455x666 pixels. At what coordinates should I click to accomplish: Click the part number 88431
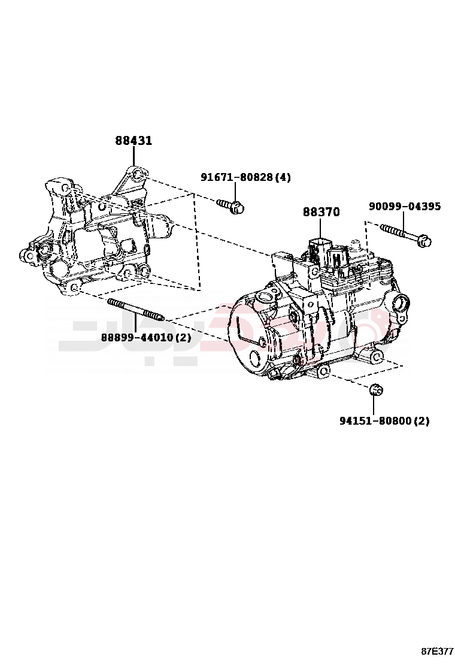pos(134,141)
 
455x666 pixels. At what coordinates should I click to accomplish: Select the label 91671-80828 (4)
pos(245,177)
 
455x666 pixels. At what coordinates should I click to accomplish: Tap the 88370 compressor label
pos(321,212)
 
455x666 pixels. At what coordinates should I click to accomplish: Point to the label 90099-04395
pos(405,207)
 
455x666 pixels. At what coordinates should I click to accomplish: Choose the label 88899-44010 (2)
pos(145,338)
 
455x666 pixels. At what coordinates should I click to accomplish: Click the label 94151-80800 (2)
pos(384,421)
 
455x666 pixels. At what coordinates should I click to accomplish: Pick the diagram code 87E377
pos(436,651)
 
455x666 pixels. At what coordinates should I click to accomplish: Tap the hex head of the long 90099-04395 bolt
pos(424,241)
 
